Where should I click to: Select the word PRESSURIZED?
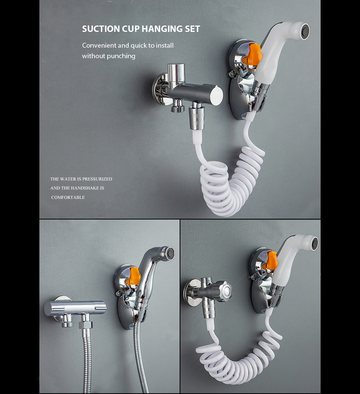coord(97,179)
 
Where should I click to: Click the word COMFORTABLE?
coord(68,197)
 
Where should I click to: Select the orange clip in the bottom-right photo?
coord(270,263)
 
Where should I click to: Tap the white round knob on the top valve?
coord(216,95)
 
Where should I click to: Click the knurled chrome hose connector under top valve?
coord(197,118)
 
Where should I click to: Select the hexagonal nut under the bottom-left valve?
coord(85,325)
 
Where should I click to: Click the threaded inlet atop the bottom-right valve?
coord(207,281)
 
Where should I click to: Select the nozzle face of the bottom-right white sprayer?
coord(315,242)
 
